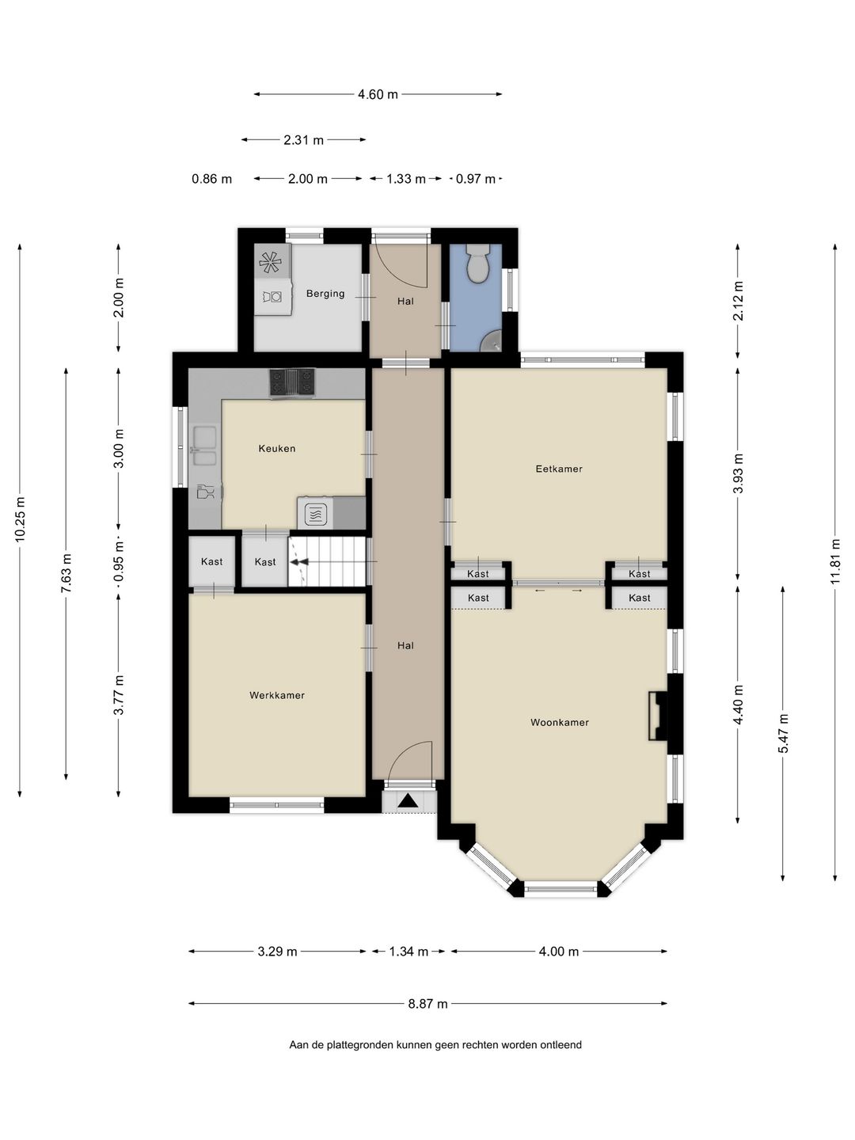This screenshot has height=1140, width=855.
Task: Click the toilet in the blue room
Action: (x=478, y=263)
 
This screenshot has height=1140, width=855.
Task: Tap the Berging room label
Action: (x=325, y=294)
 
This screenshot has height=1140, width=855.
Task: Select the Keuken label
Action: (x=277, y=448)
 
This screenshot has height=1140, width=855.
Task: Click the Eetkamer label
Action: (x=559, y=469)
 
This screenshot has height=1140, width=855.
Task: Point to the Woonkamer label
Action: (x=560, y=722)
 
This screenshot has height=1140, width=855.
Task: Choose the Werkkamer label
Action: (x=277, y=695)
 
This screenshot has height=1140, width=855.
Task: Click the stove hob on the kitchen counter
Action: (x=292, y=382)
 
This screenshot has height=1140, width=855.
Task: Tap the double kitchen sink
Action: (x=204, y=446)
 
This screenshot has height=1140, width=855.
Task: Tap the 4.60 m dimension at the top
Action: (x=378, y=94)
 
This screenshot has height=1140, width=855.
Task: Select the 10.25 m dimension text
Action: (x=20, y=519)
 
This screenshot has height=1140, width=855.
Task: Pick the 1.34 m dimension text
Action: (x=408, y=952)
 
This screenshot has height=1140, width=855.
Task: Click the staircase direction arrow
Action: (x=299, y=561)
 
